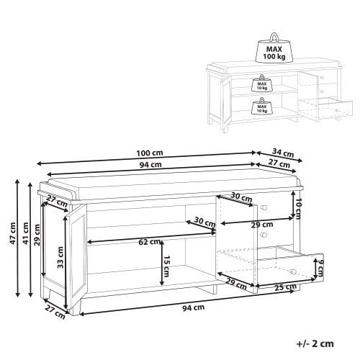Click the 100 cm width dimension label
150,153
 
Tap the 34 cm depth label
283,153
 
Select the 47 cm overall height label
12,233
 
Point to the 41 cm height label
25,233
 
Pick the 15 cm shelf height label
166,266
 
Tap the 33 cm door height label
60,258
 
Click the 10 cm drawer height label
298,209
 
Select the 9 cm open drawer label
320,268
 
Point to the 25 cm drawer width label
286,287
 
